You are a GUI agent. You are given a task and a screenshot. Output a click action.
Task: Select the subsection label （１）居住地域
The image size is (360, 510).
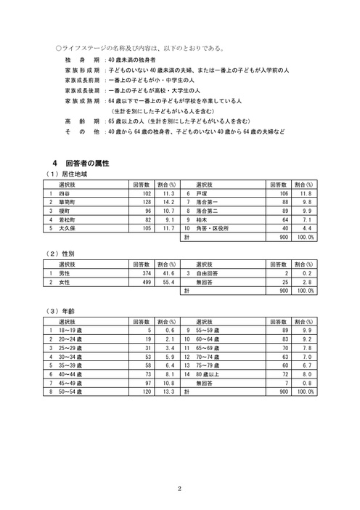[x=67, y=175]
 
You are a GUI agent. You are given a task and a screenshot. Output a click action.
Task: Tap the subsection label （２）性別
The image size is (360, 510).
[x=61, y=254]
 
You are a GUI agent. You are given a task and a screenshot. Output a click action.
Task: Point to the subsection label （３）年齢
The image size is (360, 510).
[x=61, y=310]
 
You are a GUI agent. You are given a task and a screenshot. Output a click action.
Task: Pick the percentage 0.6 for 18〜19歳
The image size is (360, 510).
[x=170, y=331]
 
